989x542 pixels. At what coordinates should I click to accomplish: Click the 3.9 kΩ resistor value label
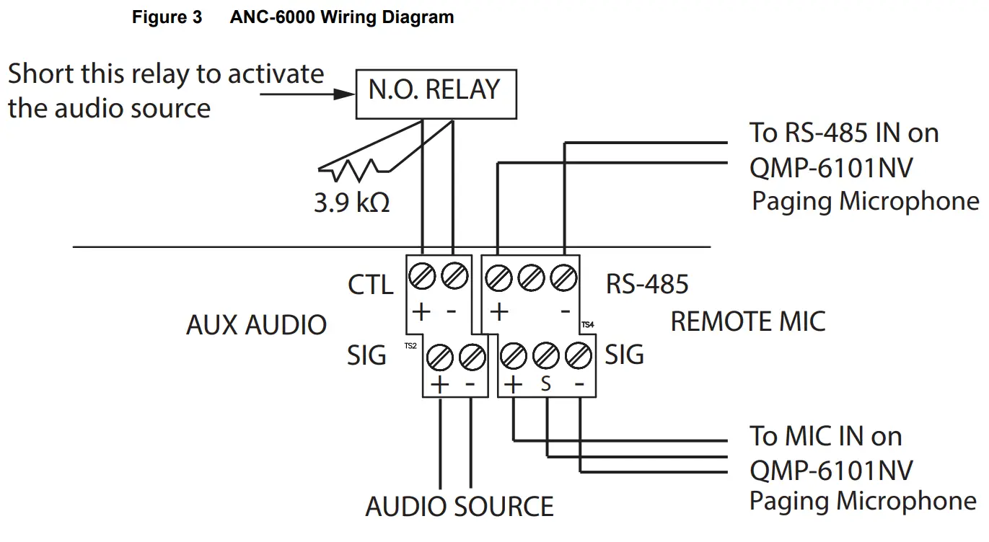coord(351,203)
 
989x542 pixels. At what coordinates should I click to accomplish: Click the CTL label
coord(370,285)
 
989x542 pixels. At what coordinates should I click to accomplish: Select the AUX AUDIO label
coord(256,325)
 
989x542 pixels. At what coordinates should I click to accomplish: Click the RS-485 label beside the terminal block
coord(646,284)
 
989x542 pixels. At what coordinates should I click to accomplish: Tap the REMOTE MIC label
coord(747,321)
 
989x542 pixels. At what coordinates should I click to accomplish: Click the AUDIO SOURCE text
coord(459,507)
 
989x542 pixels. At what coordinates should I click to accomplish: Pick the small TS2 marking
coord(410,346)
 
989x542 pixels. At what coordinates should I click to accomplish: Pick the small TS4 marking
coord(587,325)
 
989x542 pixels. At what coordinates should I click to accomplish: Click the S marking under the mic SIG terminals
coord(545,384)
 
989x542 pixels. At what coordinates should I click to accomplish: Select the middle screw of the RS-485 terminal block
coord(530,275)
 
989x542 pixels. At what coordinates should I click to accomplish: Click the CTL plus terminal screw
coord(421,275)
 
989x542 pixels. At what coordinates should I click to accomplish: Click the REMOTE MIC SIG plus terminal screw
coord(513,355)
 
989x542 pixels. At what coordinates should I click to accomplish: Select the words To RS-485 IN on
coord(843,133)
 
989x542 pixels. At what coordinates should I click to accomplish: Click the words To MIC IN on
coord(825,436)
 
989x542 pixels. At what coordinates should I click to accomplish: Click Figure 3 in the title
coord(167,18)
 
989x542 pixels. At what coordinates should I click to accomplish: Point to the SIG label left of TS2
coord(366,355)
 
